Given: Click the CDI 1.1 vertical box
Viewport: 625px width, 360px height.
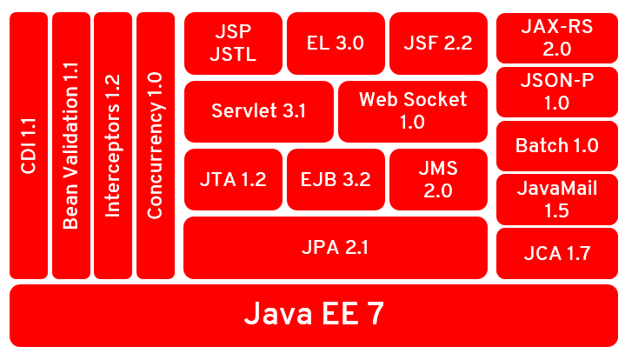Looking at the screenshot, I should click(28, 146).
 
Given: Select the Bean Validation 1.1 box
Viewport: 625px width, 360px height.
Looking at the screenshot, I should click(70, 146).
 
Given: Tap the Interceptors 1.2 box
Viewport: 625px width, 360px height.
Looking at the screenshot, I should click(113, 146).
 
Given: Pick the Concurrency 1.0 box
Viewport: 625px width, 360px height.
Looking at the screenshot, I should click(156, 146).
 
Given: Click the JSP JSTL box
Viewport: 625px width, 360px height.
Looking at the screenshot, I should click(232, 43).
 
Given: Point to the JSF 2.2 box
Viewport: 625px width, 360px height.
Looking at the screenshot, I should click(438, 43).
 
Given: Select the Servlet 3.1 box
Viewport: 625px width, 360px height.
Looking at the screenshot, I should click(258, 111).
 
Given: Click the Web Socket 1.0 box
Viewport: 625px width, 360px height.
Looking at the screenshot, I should click(413, 111).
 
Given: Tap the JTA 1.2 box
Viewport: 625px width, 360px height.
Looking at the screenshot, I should click(232, 180).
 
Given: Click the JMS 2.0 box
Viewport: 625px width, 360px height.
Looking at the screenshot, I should click(438, 180).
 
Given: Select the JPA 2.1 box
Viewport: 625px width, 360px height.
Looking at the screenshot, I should click(336, 248).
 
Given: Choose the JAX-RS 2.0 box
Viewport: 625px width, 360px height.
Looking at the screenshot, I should click(556, 38).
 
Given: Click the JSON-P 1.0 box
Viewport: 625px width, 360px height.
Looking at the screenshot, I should click(556, 92).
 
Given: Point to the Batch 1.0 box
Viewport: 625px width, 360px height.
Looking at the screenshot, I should click(556, 145).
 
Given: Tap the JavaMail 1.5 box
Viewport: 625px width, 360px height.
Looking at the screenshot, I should click(556, 199).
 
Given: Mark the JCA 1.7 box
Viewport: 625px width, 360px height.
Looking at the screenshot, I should click(556, 253).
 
